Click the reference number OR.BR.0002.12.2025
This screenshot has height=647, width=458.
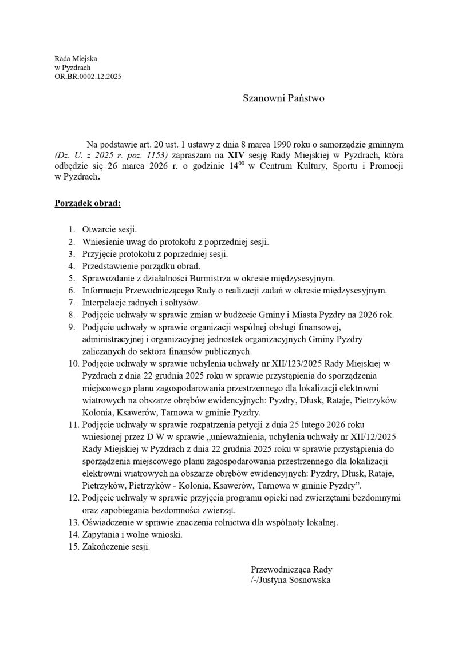tap(88, 76)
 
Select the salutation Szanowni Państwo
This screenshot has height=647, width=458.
tap(283, 98)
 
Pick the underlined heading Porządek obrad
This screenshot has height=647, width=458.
tap(87, 203)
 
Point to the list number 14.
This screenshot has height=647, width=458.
tap(72, 534)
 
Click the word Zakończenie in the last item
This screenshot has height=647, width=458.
tap(106, 546)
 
